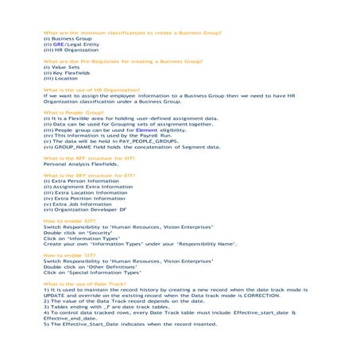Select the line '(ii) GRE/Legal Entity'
72,45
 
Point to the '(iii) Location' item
61,79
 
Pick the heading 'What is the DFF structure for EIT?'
89,175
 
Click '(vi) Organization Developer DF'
85,209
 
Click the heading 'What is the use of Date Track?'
87,284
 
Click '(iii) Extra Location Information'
85,192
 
